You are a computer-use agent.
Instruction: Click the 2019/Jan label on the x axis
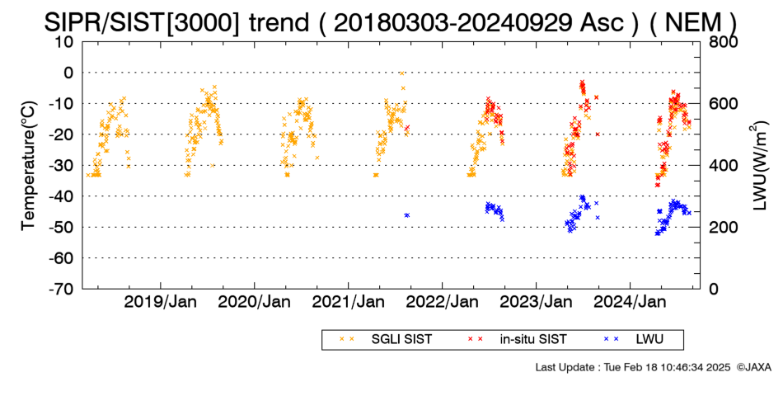click(160, 302)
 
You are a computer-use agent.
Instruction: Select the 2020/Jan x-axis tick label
click(254, 302)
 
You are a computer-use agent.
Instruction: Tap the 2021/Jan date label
click(348, 302)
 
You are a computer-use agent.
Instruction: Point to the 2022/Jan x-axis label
click(442, 302)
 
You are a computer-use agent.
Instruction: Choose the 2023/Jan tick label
click(536, 302)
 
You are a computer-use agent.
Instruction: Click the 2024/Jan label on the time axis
click(630, 302)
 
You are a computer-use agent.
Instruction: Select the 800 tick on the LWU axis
click(723, 42)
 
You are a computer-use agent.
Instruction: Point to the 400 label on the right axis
click(723, 166)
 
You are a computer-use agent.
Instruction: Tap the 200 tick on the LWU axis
click(723, 227)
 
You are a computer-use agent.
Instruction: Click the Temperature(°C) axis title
click(29, 166)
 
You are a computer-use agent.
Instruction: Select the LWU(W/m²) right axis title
click(758, 166)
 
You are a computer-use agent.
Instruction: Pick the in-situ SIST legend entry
click(518, 340)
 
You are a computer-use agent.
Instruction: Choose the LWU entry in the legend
click(634, 340)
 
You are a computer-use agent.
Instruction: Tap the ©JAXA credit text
click(753, 367)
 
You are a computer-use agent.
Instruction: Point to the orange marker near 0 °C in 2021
click(401, 73)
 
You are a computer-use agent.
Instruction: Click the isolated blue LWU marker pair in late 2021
click(407, 215)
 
